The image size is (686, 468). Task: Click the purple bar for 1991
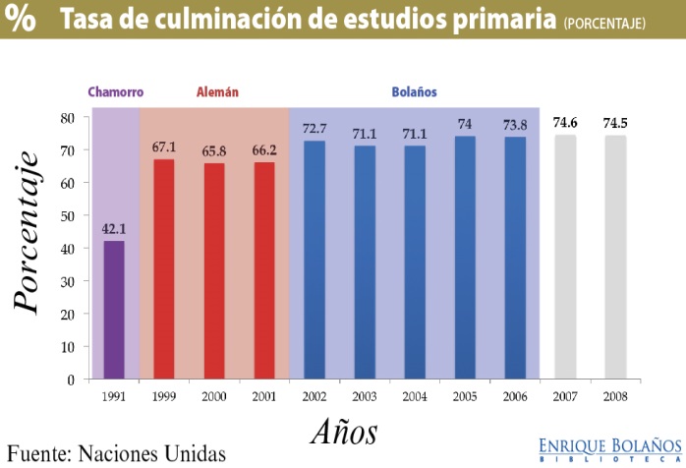(x=114, y=309)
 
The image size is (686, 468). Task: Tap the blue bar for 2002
(x=314, y=260)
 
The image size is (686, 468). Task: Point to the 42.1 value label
(x=114, y=229)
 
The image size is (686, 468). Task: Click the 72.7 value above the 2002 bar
(x=314, y=129)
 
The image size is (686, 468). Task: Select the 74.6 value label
(x=565, y=123)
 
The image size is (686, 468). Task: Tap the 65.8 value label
(x=214, y=151)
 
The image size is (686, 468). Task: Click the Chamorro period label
(x=115, y=92)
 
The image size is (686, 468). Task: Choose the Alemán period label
(x=216, y=92)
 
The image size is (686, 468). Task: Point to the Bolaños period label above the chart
(x=414, y=92)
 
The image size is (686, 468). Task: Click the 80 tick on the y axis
(x=68, y=117)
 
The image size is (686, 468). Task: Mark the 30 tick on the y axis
(x=68, y=281)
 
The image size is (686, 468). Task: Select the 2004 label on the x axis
(x=415, y=396)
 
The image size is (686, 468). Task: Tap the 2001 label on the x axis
(x=264, y=396)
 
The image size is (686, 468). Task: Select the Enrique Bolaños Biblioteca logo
(x=609, y=448)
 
